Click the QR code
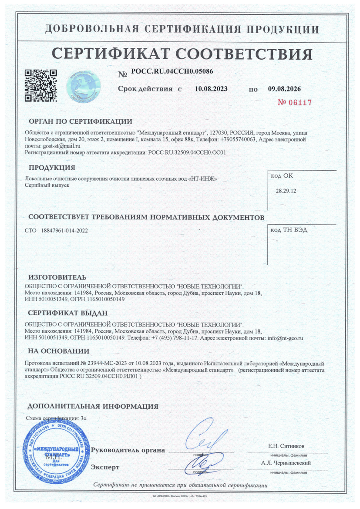coord(40,85)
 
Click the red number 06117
coord(295,103)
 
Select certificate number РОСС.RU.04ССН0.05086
coord(172,71)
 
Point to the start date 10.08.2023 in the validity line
coord(211,89)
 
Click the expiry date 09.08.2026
coord(285,89)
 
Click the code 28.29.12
coord(286,191)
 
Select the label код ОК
coord(283,176)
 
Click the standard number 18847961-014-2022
coord(64,230)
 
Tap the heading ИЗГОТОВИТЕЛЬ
coord(57,277)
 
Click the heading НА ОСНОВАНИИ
coord(59,351)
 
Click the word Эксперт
coord(105,467)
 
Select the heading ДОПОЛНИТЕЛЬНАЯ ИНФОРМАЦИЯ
coord(93,407)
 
